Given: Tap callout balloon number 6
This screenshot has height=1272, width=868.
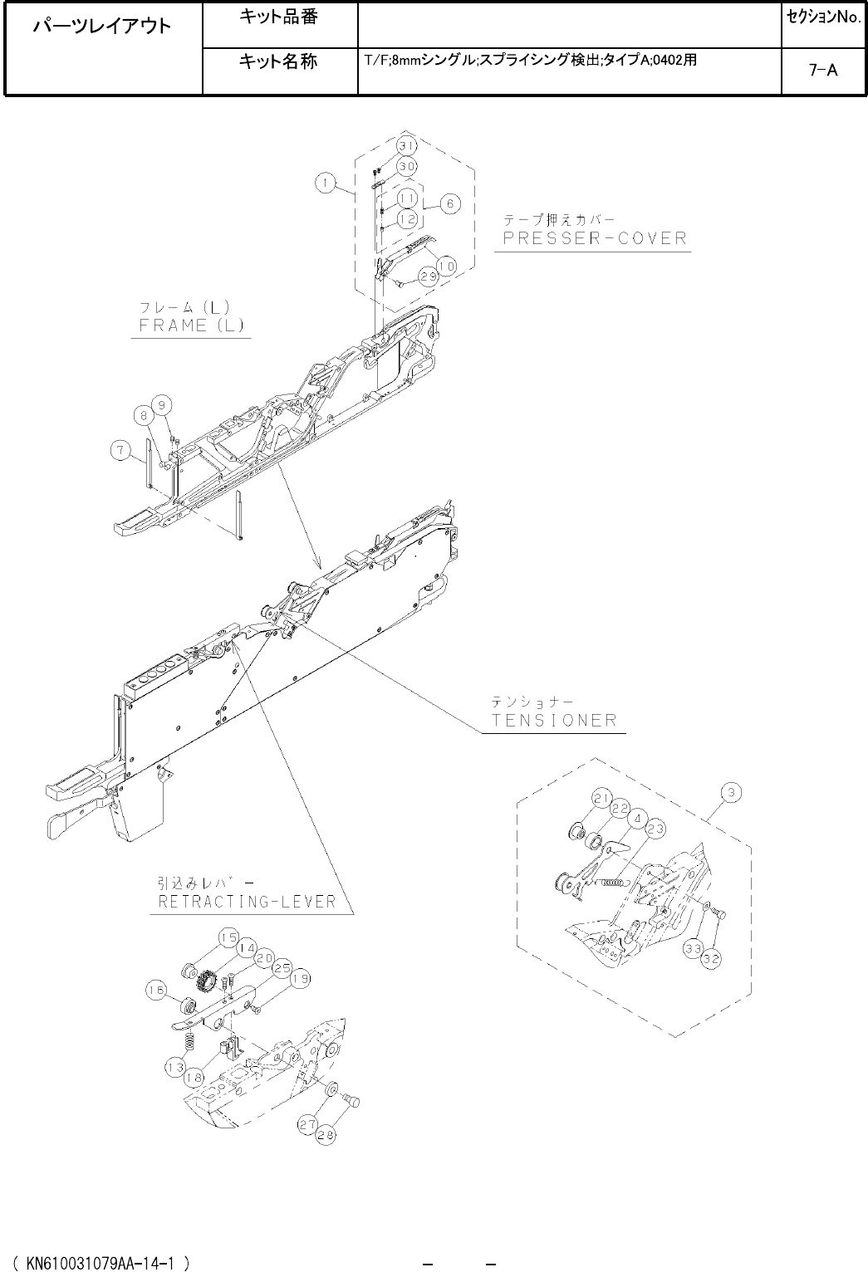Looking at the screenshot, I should [449, 203].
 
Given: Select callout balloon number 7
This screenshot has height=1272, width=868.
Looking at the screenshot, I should [122, 451].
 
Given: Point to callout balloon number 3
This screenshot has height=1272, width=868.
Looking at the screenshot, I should [730, 793].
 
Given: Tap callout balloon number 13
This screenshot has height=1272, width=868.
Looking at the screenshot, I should [174, 1068].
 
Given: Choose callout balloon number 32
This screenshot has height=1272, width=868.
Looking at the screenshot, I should [712, 957].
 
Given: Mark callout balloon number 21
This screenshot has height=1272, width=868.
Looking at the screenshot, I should [603, 799].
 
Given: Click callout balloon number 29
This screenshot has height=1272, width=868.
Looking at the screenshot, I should [428, 277].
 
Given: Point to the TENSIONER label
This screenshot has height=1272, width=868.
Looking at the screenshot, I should [555, 721].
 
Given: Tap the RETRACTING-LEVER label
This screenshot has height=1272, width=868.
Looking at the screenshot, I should [248, 902].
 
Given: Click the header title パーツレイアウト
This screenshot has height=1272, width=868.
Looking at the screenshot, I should [102, 26].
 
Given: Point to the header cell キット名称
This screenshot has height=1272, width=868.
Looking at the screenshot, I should [278, 61].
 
